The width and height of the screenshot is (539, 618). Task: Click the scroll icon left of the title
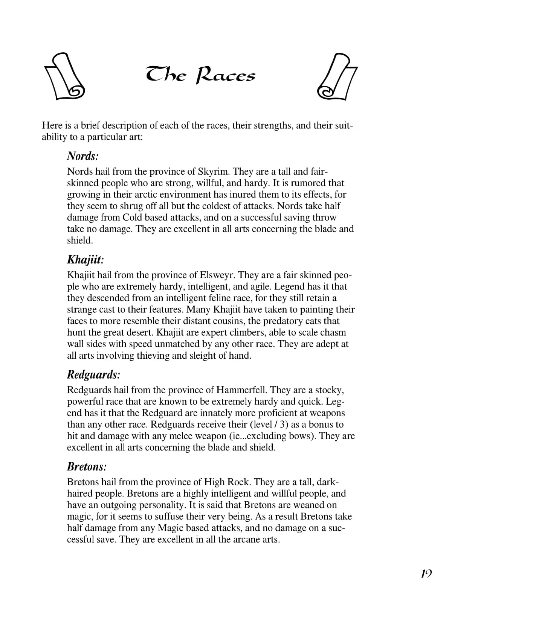64,76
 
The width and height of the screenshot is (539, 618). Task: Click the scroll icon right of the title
337,77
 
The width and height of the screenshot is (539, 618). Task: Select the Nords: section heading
82,156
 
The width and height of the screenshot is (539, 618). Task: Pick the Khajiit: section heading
85,260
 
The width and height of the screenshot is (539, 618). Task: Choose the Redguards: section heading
93,374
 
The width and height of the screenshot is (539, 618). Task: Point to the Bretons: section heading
87,467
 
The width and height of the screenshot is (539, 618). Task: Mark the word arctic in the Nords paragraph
144,195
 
